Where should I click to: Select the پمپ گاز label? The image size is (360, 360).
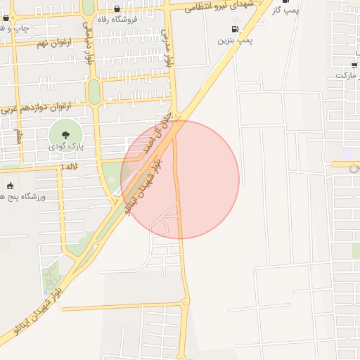point(286,11)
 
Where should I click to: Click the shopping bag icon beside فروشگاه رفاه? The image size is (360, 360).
point(117,9)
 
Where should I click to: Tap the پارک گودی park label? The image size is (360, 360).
point(66,147)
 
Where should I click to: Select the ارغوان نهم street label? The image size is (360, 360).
point(53,43)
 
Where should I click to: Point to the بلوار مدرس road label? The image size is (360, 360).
point(167,45)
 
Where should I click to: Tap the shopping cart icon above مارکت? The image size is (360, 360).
point(354,64)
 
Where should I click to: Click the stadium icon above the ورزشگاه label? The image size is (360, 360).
point(11,186)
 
